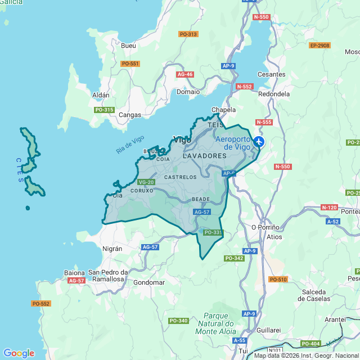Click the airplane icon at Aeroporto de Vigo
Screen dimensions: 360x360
(x=258, y=142)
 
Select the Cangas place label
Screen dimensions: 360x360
(x=130, y=115)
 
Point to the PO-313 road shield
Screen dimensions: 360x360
(x=188, y=34)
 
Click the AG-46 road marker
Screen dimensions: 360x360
(x=185, y=74)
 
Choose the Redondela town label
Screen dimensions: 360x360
(x=274, y=94)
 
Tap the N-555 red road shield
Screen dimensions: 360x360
(x=263, y=122)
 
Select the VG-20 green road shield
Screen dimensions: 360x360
(x=146, y=182)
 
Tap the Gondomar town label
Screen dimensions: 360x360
(x=149, y=282)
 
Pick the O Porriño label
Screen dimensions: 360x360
(x=265, y=227)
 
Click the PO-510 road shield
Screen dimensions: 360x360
(x=278, y=280)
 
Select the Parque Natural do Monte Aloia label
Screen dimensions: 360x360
(x=215, y=324)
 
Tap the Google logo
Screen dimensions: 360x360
(x=19, y=353)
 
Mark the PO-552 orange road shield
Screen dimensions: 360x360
(x=40, y=304)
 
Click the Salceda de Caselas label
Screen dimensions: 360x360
(x=318, y=295)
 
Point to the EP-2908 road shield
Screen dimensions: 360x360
(x=319, y=46)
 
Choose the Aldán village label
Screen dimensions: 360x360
(x=101, y=95)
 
